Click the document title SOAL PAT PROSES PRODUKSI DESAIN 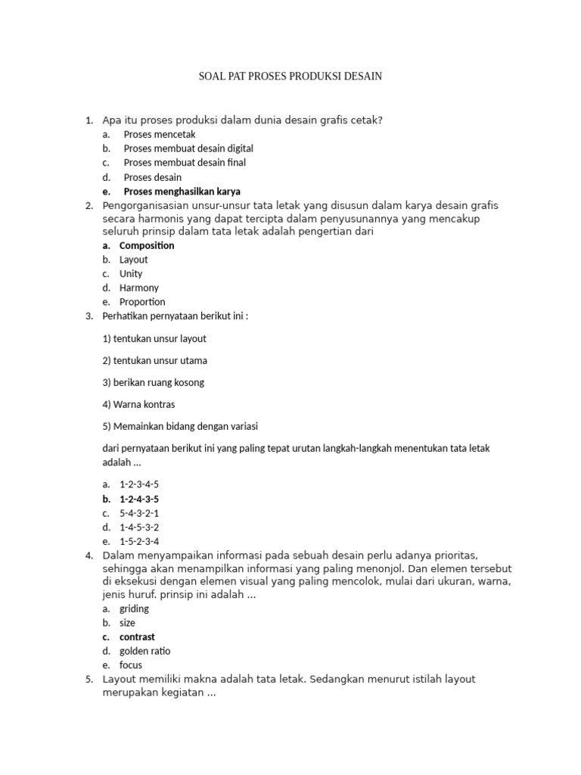[x=290, y=76]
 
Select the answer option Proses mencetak [x=149, y=135]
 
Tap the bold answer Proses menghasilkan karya [x=182, y=191]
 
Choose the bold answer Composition [x=147, y=245]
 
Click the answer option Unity [x=131, y=274]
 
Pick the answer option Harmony [x=139, y=288]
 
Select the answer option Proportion [x=142, y=302]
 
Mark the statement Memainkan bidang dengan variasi [x=180, y=426]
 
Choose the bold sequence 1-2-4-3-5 [x=139, y=499]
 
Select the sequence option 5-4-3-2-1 [x=139, y=513]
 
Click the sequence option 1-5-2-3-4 [x=139, y=541]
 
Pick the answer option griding [x=135, y=608]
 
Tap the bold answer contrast [x=137, y=637]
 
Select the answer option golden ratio [x=145, y=651]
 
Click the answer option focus [x=131, y=665]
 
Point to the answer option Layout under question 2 [x=134, y=260]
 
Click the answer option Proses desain [x=153, y=177]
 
